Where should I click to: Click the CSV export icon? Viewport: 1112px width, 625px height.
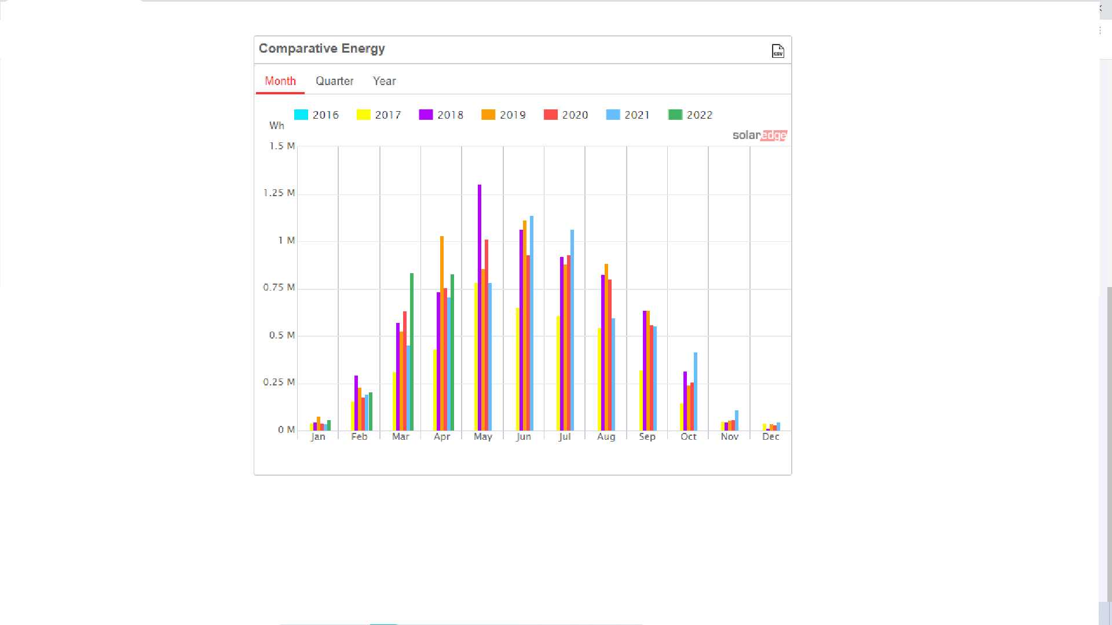[x=778, y=51]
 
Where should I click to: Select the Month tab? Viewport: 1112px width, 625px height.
[x=280, y=81]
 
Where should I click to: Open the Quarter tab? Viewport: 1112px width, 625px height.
[x=334, y=81]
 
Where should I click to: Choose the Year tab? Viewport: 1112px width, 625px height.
[x=384, y=81]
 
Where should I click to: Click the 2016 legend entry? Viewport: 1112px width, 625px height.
[x=316, y=115]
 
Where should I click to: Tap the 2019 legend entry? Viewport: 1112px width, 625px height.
[x=503, y=115]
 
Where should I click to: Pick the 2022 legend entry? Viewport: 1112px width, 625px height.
[x=690, y=115]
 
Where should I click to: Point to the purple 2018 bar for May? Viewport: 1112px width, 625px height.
[x=480, y=307]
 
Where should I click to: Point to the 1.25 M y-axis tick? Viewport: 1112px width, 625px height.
[x=279, y=193]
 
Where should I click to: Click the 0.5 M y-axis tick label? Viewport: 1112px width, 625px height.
[x=282, y=335]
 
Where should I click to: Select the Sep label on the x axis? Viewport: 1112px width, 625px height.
[x=647, y=436]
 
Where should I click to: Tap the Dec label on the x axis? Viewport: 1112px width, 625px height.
[x=770, y=436]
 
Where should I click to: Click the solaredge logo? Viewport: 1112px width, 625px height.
[x=759, y=135]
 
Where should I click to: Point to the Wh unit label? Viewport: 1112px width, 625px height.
[x=276, y=126]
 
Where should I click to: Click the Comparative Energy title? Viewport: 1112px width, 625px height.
[x=321, y=49]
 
